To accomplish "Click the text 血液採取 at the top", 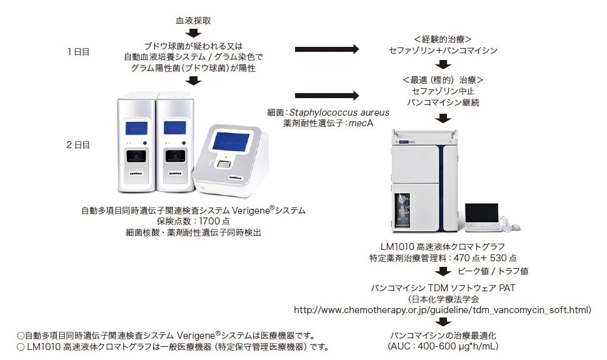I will [193, 21].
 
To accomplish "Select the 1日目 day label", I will [78, 52].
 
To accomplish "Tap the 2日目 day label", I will [78, 144].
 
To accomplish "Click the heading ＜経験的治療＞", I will [443, 39].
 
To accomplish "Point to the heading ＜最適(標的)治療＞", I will [443, 79].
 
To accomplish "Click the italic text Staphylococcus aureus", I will [342, 112].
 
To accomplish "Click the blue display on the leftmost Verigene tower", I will [133, 127].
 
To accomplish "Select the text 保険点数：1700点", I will [193, 221].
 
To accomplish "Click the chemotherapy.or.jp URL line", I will [442, 309].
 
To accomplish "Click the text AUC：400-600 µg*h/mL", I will [443, 344].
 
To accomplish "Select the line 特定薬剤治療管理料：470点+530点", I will [443, 257].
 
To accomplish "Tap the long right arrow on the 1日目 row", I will [327, 50].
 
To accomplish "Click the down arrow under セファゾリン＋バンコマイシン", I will [443, 64].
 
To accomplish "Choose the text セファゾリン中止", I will [443, 91].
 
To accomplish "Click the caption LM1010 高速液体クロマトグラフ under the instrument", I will [443, 246].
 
